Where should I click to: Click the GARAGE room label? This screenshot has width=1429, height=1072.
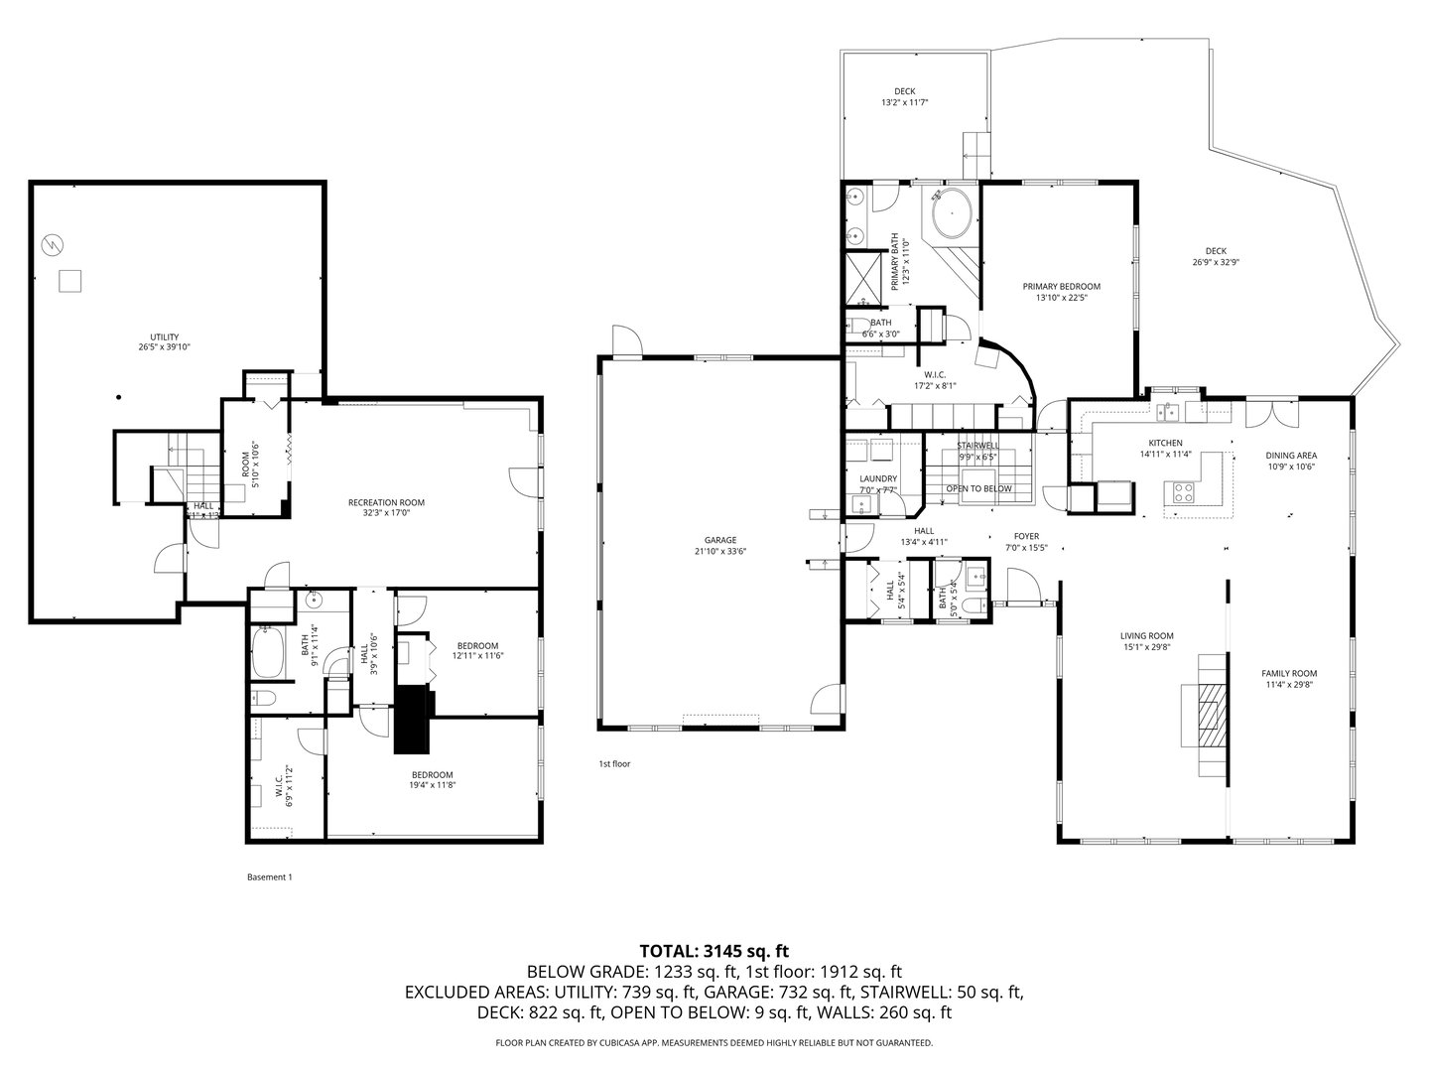[719, 540]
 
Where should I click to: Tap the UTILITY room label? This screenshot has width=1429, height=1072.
[165, 337]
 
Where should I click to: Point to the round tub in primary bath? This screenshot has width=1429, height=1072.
[951, 213]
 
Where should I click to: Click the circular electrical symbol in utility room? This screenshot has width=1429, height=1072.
[52, 243]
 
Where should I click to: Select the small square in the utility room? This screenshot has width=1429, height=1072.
[68, 281]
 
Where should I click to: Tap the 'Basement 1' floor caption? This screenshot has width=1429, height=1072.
[269, 876]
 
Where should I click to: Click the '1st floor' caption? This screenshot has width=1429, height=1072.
[614, 764]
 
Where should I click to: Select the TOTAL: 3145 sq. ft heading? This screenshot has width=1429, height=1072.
[714, 951]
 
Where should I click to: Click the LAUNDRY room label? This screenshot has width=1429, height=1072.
[877, 478]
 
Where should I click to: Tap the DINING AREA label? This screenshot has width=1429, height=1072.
[1290, 456]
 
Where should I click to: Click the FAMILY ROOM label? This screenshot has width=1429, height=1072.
[1289, 673]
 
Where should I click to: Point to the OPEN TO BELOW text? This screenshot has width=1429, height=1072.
[978, 488]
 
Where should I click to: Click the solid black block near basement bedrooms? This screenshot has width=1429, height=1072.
[413, 720]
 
